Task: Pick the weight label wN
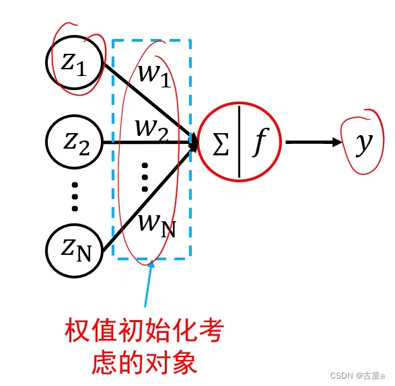coord(155,223)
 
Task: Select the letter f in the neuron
coord(258,143)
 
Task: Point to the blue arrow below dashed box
coord(147,286)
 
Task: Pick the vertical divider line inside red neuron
coord(239,142)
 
